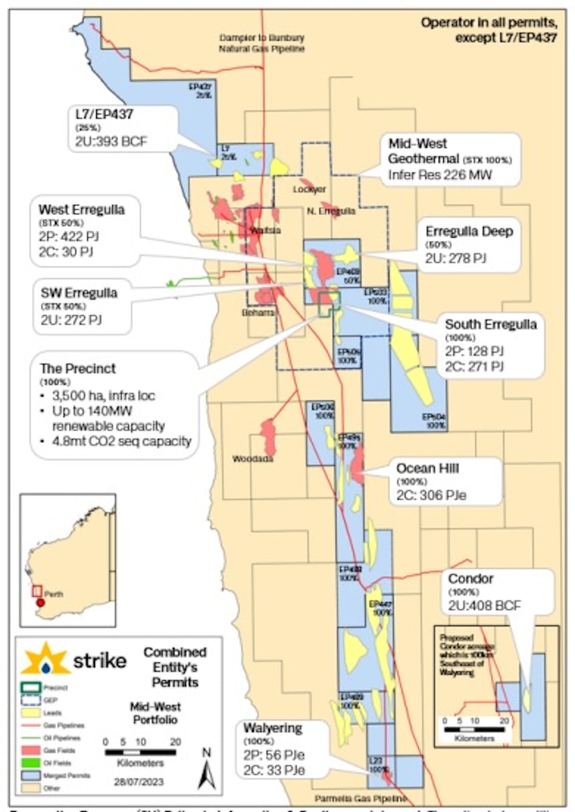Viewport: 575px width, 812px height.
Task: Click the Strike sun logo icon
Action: pyautogui.click(x=46, y=659)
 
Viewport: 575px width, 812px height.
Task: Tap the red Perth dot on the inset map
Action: pyautogui.click(x=41, y=602)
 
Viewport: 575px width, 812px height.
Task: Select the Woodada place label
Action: pyautogui.click(x=252, y=458)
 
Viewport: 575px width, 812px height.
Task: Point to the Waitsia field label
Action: pyautogui.click(x=265, y=230)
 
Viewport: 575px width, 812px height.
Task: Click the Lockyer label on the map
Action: pyautogui.click(x=309, y=190)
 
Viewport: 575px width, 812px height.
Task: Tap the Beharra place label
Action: pyautogui.click(x=258, y=312)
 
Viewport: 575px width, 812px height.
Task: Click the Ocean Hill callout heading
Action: pyautogui.click(x=427, y=468)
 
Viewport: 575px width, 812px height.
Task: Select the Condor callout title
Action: pyautogui.click(x=471, y=579)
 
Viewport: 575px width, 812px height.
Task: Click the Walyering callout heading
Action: pyautogui.click(x=272, y=727)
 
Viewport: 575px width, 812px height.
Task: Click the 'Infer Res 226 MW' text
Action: pyautogui.click(x=440, y=175)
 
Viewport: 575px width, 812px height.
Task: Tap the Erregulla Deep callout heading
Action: pyautogui.click(x=469, y=231)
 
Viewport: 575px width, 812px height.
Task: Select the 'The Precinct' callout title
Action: pyautogui.click(x=77, y=368)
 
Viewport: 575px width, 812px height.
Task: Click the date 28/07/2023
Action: pyautogui.click(x=140, y=782)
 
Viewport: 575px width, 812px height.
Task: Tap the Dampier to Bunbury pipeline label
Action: pyautogui.click(x=261, y=43)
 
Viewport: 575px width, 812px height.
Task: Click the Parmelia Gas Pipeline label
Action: pyautogui.click(x=360, y=799)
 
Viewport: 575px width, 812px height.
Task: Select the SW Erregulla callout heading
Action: pyautogui.click(x=79, y=293)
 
